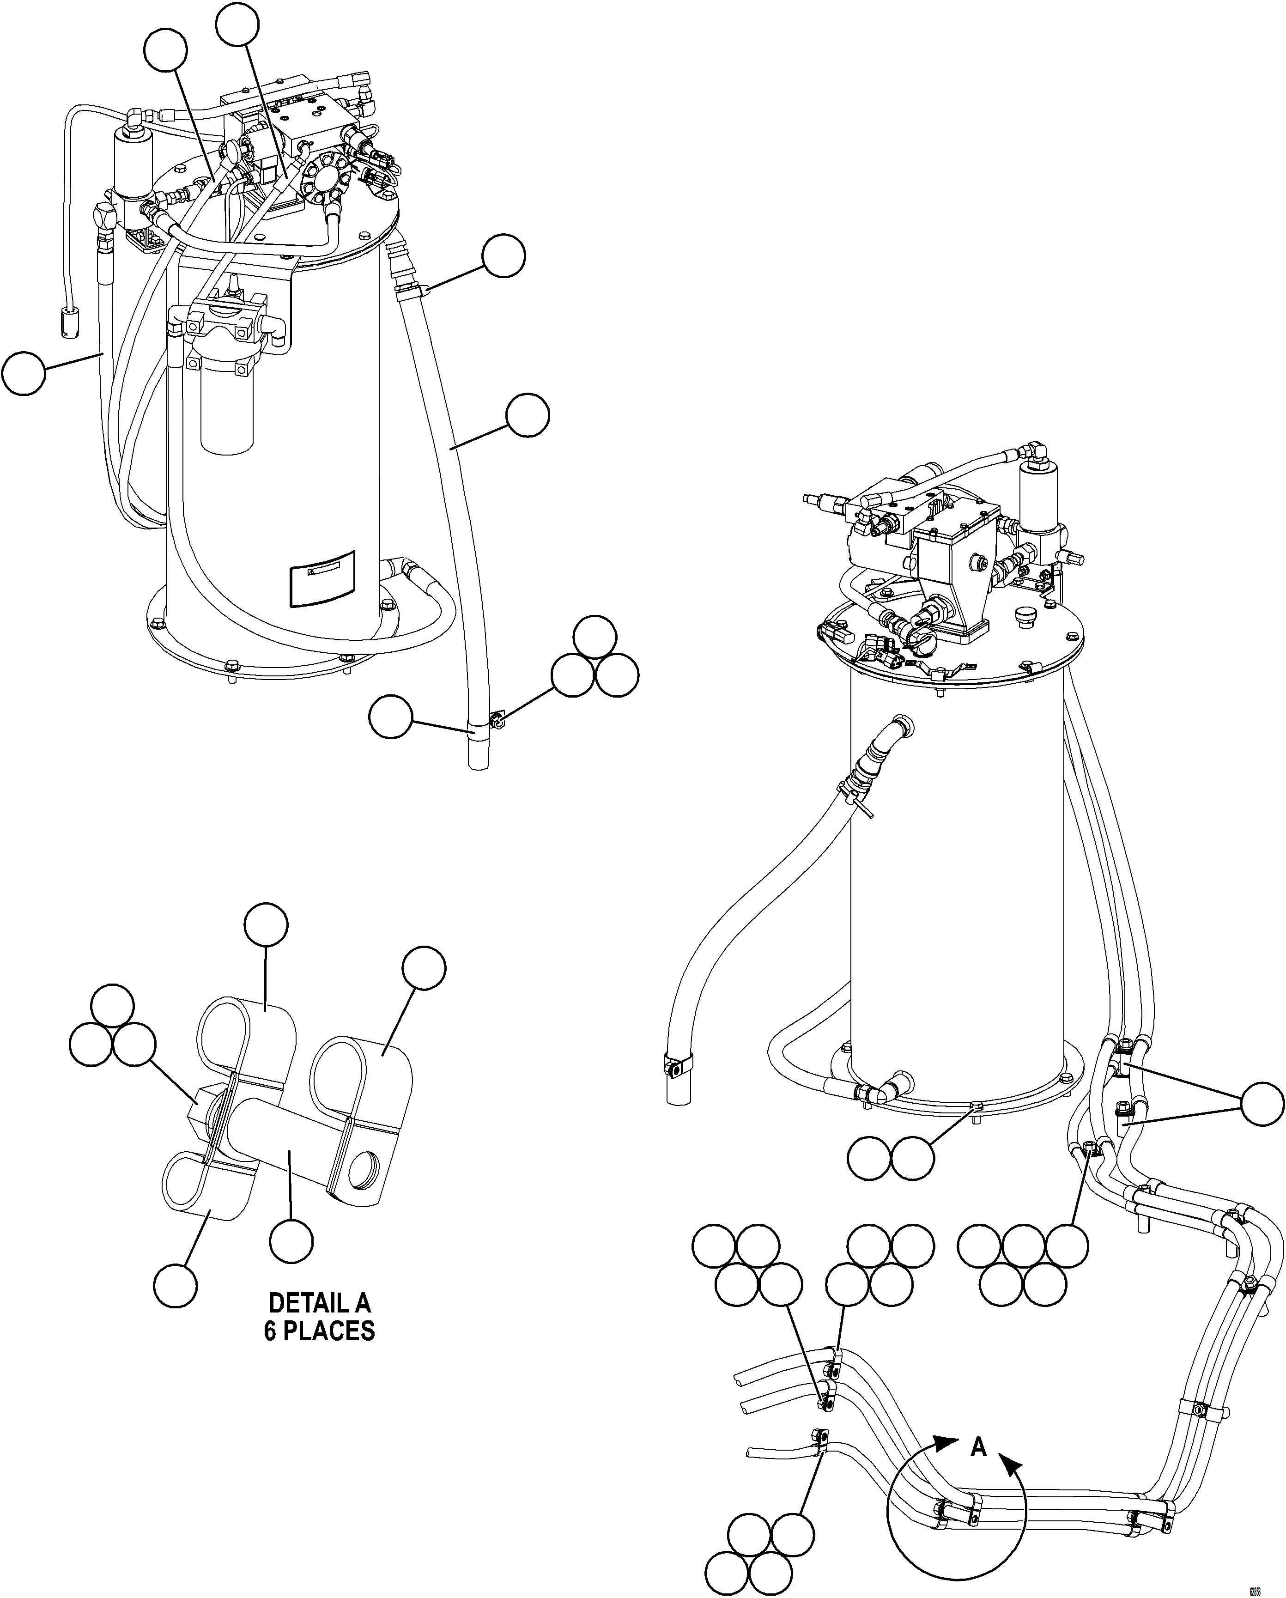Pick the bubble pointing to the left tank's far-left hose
point(23,374)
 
